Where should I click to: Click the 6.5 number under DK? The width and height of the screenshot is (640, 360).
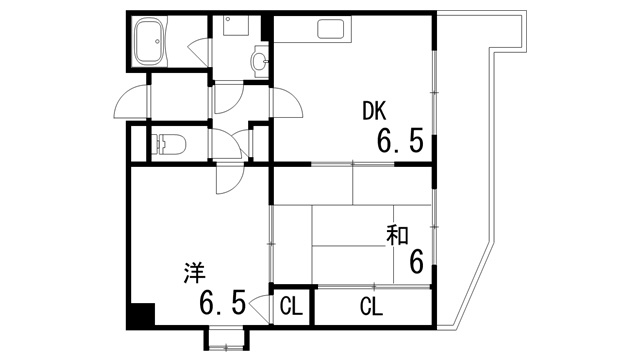pos(400,141)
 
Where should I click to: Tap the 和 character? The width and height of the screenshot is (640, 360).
pos(397,235)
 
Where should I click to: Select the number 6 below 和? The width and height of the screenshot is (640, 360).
pos(416,262)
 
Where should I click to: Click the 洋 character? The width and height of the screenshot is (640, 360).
pos(194,271)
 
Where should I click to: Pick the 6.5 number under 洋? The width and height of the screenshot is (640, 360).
pos(222,301)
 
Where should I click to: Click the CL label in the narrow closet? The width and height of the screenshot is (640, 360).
pos(292,306)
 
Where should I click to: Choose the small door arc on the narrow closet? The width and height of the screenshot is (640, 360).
pos(263,305)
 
